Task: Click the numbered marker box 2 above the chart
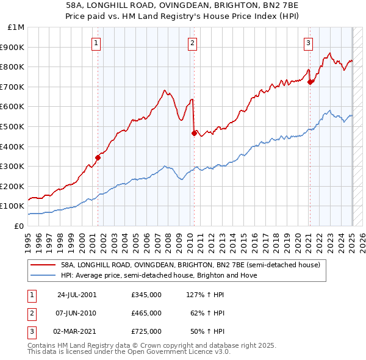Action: pos(192,43)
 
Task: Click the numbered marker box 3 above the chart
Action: pos(309,43)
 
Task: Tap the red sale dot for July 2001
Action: pos(98,157)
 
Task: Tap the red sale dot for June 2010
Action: pos(194,133)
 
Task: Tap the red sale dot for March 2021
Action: pos(310,81)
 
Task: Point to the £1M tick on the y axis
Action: pos(16,27)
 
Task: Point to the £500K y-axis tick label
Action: pos(13,126)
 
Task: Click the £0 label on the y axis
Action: pos(19,226)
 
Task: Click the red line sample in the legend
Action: pos(44,265)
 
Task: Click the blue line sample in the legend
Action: pos(44,275)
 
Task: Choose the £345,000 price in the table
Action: pos(146,295)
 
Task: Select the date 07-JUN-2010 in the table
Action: pos(76,313)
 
